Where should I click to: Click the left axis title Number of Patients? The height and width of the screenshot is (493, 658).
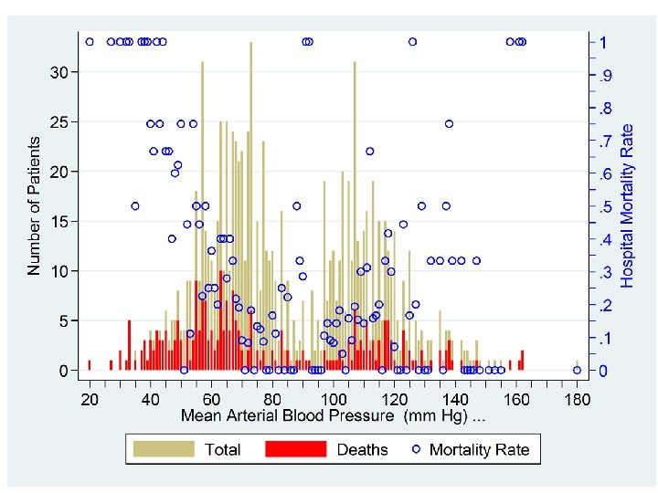coord(34,205)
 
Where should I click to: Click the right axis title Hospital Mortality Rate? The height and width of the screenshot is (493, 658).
coord(628,205)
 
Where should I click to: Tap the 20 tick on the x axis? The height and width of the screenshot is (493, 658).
coord(90,399)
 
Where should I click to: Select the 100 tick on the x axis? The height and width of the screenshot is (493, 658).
coord(333,399)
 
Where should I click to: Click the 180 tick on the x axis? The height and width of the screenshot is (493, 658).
coord(577,399)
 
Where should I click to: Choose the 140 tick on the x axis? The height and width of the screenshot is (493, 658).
coord(455,399)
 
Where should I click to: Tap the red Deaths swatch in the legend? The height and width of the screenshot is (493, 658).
coord(295,449)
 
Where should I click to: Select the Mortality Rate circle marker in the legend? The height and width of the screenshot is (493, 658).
coord(416,449)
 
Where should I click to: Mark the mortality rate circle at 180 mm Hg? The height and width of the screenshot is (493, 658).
coord(577,370)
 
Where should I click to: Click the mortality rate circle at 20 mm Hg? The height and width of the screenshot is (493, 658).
coord(90,41)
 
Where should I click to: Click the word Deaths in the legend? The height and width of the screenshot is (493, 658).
coord(363,449)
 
